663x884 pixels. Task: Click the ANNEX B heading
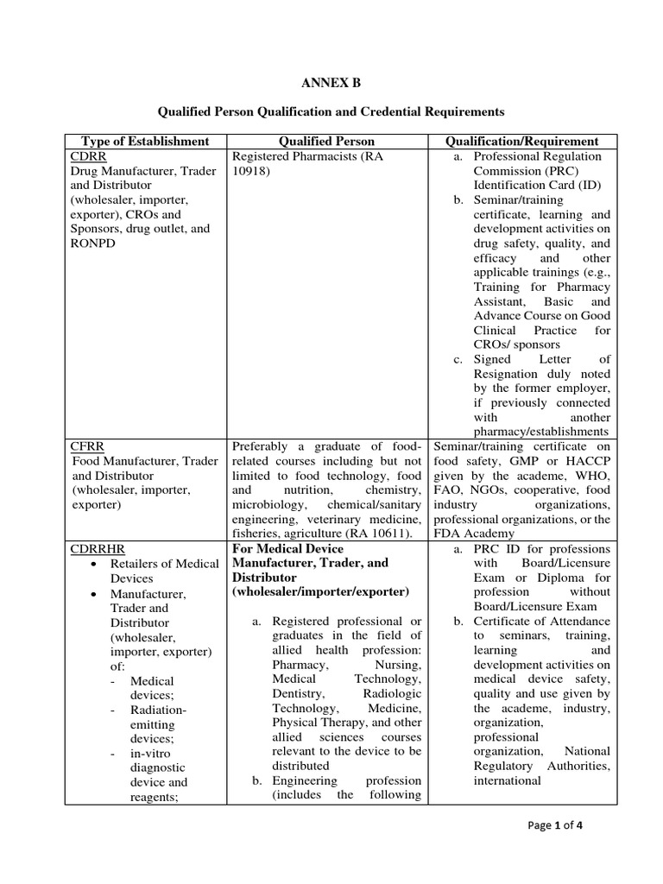tap(331, 83)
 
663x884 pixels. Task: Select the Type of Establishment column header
tap(145, 141)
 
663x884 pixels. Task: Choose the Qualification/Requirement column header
tap(521, 141)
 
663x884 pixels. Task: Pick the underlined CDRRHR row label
tap(94, 548)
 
